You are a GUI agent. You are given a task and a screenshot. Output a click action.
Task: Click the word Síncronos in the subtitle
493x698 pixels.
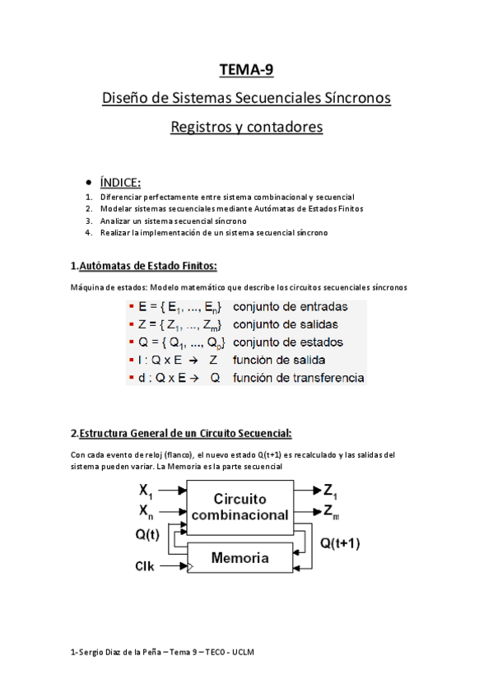356,98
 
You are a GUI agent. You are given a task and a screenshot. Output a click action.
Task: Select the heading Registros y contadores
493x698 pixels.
246,128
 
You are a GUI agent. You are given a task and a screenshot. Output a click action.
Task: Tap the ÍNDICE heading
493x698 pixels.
120,182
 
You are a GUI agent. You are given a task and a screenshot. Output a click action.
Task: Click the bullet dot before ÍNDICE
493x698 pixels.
89,182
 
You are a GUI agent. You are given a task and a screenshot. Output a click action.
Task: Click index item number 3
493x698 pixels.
89,221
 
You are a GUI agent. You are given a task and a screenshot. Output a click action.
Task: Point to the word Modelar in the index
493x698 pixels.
115,209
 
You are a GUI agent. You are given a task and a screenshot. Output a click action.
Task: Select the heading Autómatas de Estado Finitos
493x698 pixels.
148,265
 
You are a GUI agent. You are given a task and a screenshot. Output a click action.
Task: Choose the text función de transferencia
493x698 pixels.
298,378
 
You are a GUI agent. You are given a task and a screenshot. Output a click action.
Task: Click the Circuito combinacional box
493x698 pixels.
240,508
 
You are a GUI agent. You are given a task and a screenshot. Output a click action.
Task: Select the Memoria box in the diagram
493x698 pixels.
240,558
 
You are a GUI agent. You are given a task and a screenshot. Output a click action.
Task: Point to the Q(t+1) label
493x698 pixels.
339,543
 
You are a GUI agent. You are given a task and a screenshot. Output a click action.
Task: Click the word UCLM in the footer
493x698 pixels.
244,652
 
